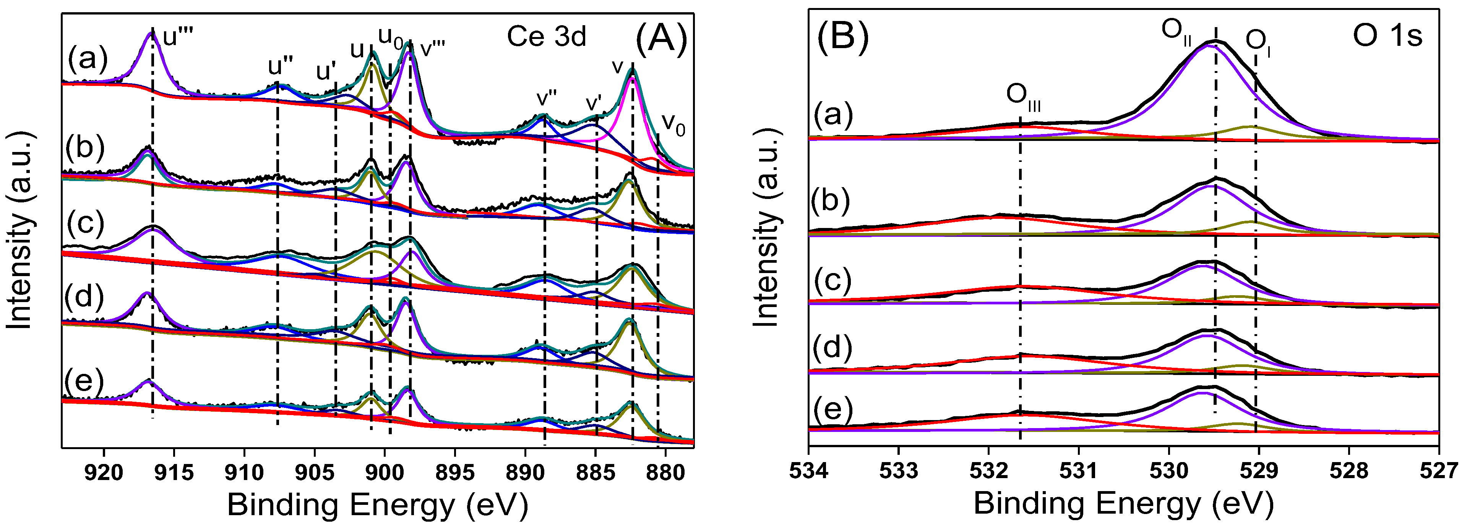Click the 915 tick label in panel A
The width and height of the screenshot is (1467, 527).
(x=174, y=472)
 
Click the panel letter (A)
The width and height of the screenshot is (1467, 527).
(x=661, y=40)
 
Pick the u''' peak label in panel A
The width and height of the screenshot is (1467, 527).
(x=178, y=37)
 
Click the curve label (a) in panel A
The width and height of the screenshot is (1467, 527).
(x=88, y=58)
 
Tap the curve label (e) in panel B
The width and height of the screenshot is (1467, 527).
(x=832, y=409)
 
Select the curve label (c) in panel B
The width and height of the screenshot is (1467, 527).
(x=832, y=280)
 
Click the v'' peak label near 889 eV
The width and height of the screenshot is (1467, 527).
(x=546, y=97)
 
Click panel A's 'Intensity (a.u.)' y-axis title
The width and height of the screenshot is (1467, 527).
(x=19, y=231)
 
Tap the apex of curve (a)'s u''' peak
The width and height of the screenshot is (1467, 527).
(x=151, y=33)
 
